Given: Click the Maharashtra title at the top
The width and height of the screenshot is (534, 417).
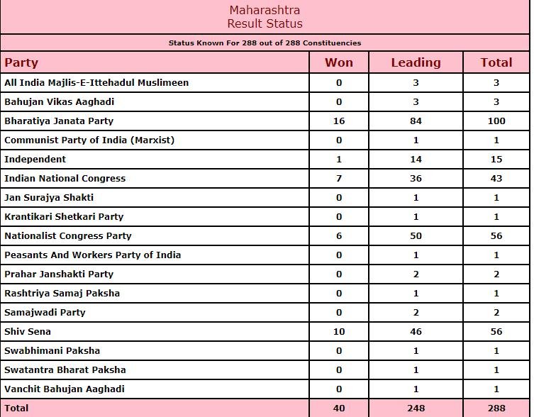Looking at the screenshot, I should (265, 11).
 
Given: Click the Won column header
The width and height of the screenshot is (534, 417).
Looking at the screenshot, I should (338, 62).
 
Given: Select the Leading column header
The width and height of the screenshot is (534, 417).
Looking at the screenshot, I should (416, 62).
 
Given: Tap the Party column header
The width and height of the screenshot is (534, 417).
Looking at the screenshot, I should (21, 62).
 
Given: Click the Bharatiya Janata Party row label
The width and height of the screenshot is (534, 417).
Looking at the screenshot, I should (59, 121).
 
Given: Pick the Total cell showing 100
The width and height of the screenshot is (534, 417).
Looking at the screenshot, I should (496, 121).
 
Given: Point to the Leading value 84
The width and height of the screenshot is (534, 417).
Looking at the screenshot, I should (416, 121).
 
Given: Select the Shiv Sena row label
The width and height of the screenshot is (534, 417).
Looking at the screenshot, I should (28, 332).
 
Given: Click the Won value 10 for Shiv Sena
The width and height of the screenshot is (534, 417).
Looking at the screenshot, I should (339, 332).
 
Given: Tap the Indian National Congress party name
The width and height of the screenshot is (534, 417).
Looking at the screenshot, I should (65, 179).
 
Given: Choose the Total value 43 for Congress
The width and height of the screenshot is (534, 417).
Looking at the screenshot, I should (496, 179).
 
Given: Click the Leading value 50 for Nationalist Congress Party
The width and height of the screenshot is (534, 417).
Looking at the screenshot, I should (416, 236).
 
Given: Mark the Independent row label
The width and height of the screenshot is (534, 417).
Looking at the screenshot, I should (35, 160).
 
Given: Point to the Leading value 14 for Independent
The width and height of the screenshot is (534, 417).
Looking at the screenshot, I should (416, 160).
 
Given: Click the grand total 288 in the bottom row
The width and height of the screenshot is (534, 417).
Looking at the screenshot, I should (496, 408).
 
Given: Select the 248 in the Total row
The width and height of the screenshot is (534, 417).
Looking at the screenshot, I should (416, 408).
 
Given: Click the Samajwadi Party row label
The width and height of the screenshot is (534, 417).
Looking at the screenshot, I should (45, 313).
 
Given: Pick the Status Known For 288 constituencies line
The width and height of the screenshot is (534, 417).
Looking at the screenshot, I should (265, 43).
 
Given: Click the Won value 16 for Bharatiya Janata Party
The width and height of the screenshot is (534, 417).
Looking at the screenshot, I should (339, 121).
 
